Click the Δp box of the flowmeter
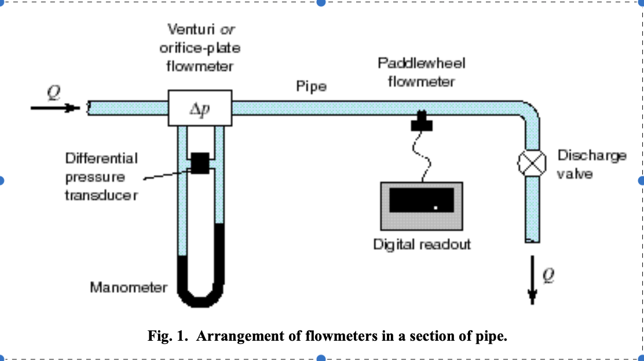coord(200,108)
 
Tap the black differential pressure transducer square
coord(200,163)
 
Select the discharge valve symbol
coord(532,163)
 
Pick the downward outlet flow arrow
coord(532,286)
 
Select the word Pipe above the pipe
coord(311,87)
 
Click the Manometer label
coord(129,287)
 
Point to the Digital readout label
coord(421,244)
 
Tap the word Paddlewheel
coord(421,62)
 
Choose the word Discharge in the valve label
coord(591,155)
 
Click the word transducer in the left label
coord(101,196)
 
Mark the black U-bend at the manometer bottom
coord(200,298)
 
